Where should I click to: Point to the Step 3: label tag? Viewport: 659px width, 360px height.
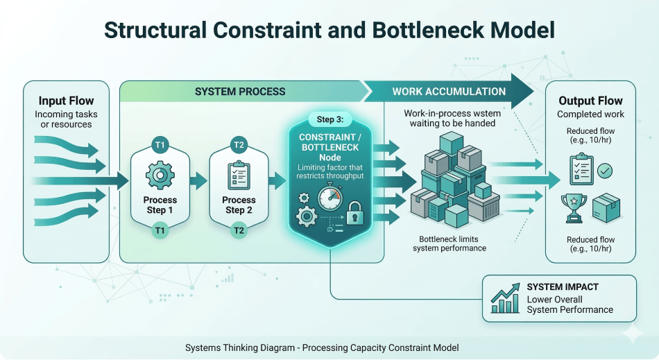[330, 119]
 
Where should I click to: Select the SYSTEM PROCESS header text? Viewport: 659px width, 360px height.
[239, 91]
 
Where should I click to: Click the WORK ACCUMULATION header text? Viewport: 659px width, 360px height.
[449, 91]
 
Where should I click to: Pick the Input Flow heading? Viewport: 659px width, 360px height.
[66, 101]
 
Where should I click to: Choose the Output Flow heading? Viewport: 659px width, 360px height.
[590, 101]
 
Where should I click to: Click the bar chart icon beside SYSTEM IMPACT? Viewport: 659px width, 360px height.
[504, 298]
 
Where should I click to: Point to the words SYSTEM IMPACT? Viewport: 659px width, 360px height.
[563, 287]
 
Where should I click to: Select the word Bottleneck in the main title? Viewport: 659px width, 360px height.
[402, 31]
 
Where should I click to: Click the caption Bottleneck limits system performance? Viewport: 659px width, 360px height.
[449, 243]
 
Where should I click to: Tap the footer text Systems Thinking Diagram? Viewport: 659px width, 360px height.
[239, 348]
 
